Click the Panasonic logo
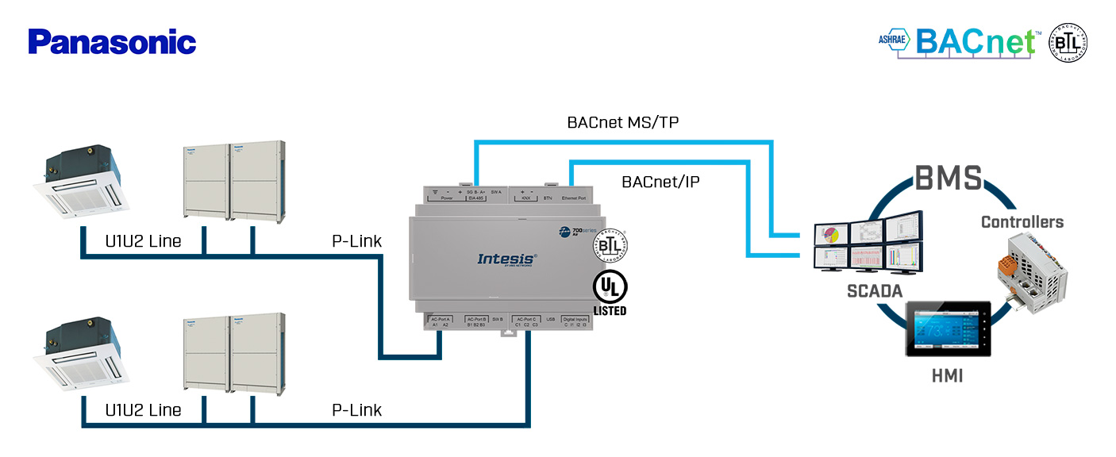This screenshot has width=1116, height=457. click(112, 42)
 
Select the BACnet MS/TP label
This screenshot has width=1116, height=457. click(623, 122)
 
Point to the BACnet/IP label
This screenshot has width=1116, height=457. click(660, 182)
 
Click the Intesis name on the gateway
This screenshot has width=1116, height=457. click(507, 259)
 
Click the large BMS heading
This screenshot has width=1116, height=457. click(948, 179)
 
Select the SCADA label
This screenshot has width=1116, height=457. click(875, 291)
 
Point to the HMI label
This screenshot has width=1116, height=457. click(947, 376)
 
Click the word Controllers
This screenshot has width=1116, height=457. click(1022, 222)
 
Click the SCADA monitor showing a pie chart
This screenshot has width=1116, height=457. click(831, 235)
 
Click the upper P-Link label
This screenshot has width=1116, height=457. click(356, 241)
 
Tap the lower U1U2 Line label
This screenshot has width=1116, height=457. click(143, 410)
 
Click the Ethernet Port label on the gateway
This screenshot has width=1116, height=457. click(573, 198)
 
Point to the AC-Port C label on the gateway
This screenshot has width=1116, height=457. click(528, 318)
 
